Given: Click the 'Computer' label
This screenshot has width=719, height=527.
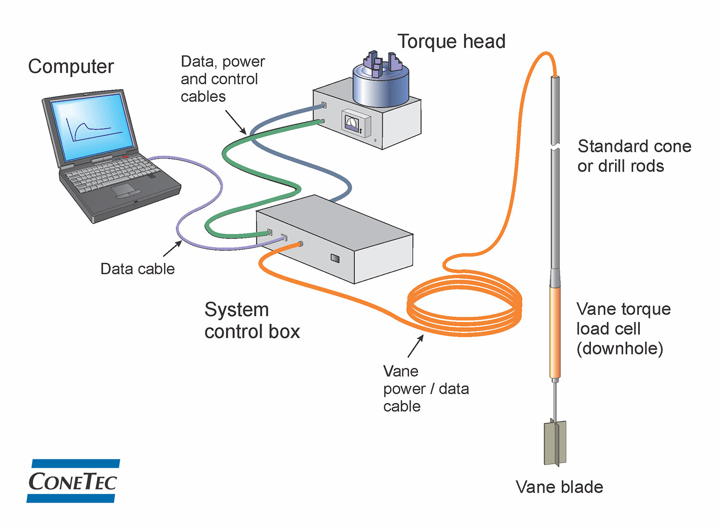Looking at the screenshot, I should tap(71, 67).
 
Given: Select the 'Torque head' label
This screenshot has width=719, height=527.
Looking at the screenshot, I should tap(452, 42).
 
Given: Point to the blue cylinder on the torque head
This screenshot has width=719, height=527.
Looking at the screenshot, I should tap(381, 86).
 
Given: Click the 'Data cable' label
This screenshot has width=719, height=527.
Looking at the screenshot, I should tap(138, 269).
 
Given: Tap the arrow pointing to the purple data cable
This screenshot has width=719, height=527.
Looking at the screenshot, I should tap(173, 249).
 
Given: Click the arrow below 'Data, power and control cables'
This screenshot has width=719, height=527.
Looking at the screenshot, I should tap(236, 123).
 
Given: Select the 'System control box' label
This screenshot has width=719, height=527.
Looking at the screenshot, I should tap(252, 321).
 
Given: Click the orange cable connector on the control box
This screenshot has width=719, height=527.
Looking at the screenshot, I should tap(300, 244).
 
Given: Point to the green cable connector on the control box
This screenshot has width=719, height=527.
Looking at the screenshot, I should tap(270, 232).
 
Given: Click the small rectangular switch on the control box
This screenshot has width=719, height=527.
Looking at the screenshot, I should tap(335, 259).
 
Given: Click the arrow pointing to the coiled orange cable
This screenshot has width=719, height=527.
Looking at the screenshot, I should tap(416, 346).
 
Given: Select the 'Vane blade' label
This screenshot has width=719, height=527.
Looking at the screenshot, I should tap(559, 487).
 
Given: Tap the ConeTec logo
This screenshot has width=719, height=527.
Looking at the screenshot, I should tap(73, 481).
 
